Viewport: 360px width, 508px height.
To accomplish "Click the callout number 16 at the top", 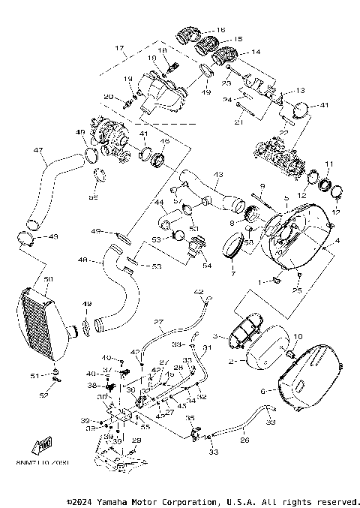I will pos(220,30).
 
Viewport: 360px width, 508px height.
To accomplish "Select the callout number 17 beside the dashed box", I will pos(118,49).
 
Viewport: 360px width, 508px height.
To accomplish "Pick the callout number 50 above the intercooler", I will pos(48,279).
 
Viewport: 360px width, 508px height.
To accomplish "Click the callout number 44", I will pos(159,203).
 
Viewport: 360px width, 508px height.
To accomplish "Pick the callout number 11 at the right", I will pos(328,164).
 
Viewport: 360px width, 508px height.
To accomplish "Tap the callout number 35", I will pos(190,419).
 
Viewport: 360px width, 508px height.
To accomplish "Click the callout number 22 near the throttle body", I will pos(284,133).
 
